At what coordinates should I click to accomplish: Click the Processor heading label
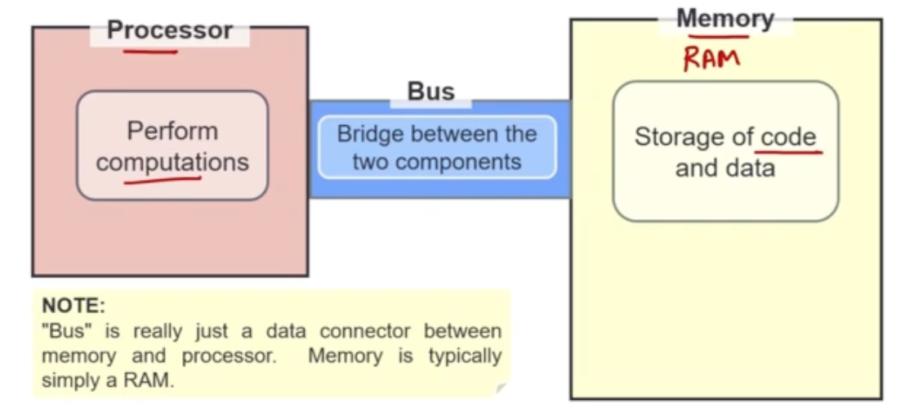tap(169, 30)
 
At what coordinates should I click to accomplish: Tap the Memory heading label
tap(724, 18)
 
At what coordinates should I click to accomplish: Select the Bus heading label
tap(430, 91)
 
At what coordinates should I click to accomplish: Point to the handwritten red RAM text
tap(711, 59)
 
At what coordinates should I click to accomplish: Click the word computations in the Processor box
tap(172, 161)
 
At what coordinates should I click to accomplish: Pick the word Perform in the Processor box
tap(172, 131)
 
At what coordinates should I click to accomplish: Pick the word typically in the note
tap(465, 356)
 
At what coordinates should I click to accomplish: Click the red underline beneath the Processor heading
tap(150, 52)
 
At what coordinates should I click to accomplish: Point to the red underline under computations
tap(172, 179)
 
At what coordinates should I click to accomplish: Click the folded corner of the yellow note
tap(502, 388)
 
